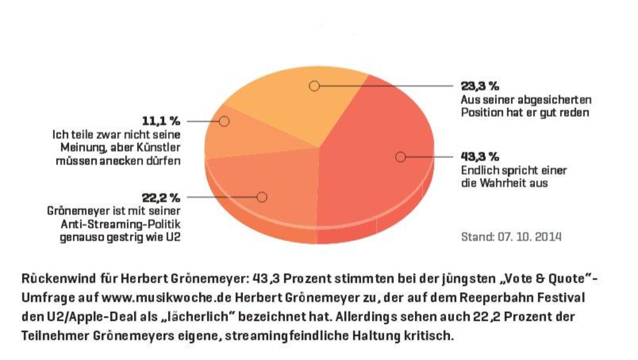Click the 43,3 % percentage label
(480, 157)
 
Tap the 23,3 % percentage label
(480, 86)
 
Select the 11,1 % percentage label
(161, 122)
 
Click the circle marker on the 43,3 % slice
(400, 157)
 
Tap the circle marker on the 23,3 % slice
(314, 86)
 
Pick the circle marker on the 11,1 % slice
(224, 122)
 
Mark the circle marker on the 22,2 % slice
(262, 197)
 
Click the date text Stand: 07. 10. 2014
(511, 237)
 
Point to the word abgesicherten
(554, 100)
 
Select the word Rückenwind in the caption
(59, 278)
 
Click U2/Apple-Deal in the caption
(90, 317)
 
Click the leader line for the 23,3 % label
(386, 86)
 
